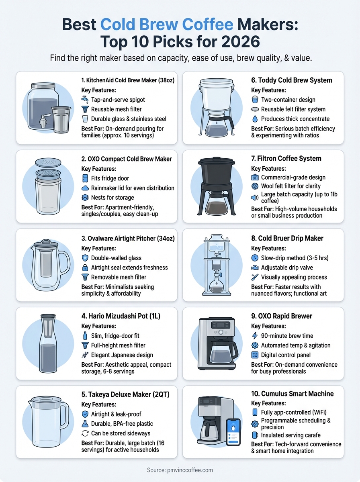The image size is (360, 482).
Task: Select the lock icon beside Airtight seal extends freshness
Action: coord(85,268)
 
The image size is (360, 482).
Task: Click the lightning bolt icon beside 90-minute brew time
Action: coord(255,336)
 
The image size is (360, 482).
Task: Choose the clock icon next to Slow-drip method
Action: coord(255,258)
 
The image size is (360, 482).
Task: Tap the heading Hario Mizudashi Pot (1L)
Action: coord(121,317)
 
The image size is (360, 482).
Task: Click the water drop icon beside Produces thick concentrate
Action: coord(255,119)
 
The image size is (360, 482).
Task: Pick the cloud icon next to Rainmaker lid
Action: coord(85,188)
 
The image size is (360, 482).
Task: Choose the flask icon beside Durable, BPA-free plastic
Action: coord(85,423)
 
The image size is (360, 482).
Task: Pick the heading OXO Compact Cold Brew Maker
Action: coord(126,159)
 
